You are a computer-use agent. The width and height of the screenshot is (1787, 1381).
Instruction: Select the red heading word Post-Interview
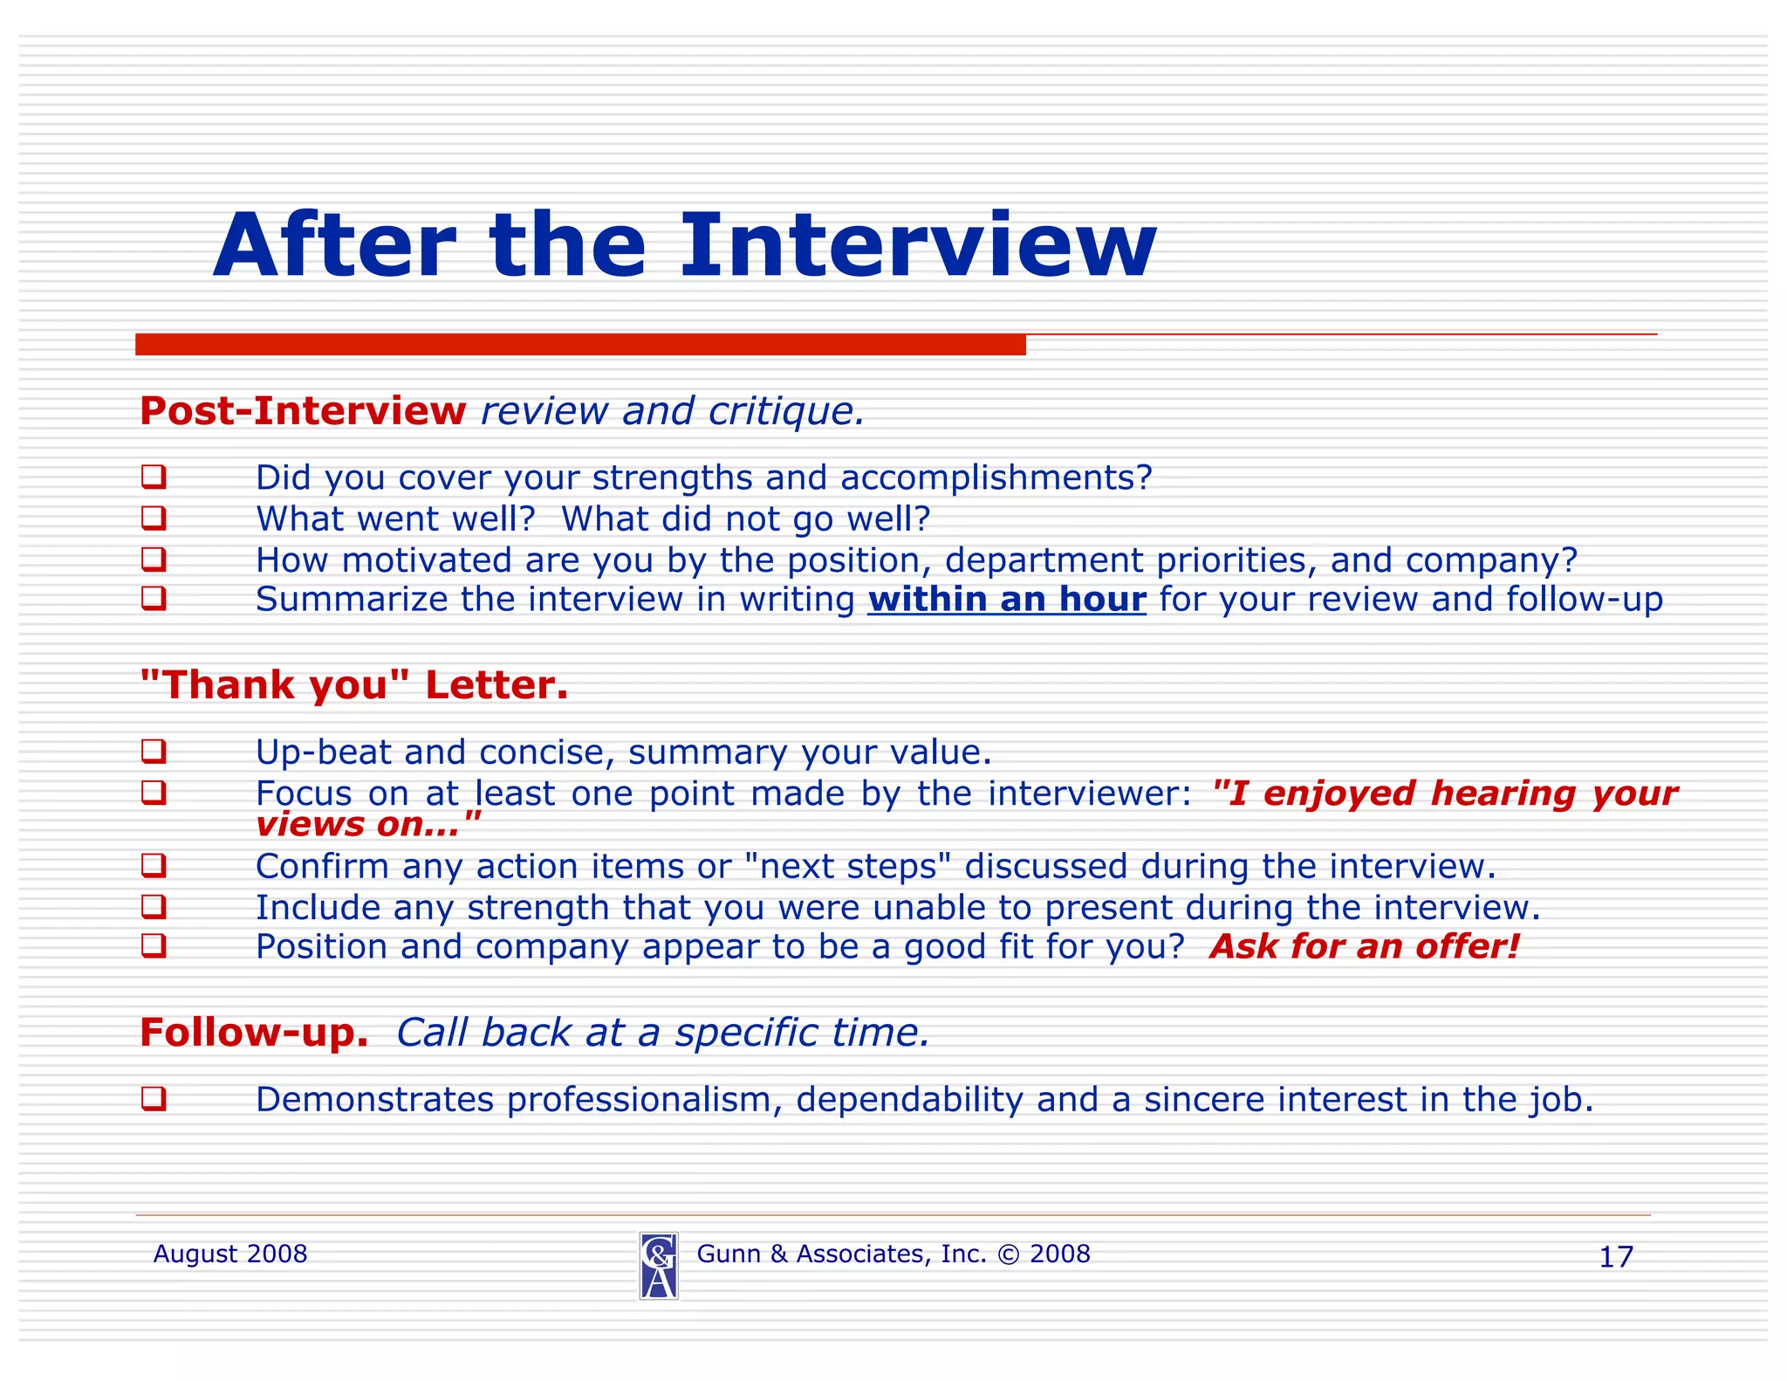coord(303,411)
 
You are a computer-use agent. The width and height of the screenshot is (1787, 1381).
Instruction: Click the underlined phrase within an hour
coord(1006,600)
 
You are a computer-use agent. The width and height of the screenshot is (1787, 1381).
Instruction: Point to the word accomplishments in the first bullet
coord(996,478)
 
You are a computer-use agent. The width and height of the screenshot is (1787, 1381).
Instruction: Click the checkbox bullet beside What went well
coord(154,519)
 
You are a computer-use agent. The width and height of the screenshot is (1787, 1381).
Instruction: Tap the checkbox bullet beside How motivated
coord(154,559)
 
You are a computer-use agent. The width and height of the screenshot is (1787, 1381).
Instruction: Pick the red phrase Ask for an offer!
coord(1364,947)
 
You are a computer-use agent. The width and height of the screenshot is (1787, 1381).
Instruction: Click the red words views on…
coord(367,824)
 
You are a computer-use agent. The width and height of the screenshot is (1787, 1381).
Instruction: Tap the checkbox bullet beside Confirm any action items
coord(154,866)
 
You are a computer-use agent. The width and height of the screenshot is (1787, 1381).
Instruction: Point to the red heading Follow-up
coord(254,1033)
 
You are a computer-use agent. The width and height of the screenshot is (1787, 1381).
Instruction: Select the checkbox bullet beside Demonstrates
coord(154,1099)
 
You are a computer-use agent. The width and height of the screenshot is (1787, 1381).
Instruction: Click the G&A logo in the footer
coord(659,1266)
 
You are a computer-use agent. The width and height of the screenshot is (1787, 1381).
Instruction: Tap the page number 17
coord(1615,1257)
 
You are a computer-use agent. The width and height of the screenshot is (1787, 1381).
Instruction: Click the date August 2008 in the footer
coord(230,1254)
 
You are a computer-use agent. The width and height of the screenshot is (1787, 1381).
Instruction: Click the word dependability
coord(909,1100)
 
